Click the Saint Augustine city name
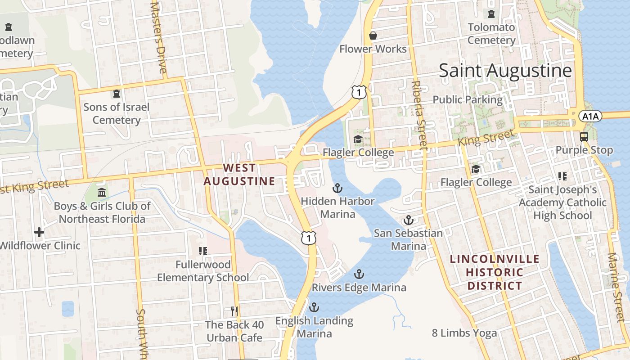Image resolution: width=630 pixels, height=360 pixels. pyautogui.click(x=505, y=71)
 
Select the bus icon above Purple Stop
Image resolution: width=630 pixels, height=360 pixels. pyautogui.click(x=584, y=137)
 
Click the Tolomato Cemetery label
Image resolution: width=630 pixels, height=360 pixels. pyautogui.click(x=491, y=34)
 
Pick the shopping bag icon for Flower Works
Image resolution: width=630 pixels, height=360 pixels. pyautogui.click(x=373, y=36)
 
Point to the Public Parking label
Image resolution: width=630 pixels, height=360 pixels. pyautogui.click(x=467, y=99)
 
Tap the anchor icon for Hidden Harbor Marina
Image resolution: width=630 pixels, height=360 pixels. pyautogui.click(x=337, y=188)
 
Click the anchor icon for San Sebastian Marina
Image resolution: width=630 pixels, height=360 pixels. pyautogui.click(x=408, y=220)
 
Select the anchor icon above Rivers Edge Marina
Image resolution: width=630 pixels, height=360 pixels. pyautogui.click(x=359, y=274)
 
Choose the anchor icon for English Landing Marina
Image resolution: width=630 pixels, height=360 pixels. pyautogui.click(x=314, y=307)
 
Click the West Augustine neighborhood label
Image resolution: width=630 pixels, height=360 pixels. pyautogui.click(x=239, y=175)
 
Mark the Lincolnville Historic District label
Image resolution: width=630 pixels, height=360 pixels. pyautogui.click(x=495, y=272)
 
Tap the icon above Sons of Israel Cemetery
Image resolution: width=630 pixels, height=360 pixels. pyautogui.click(x=117, y=94)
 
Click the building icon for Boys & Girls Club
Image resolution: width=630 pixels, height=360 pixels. pyautogui.click(x=102, y=193)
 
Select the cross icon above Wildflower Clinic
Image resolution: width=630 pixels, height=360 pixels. pyautogui.click(x=39, y=232)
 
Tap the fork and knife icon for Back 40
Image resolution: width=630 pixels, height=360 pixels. pyautogui.click(x=234, y=311)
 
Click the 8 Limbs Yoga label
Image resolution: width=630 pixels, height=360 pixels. pyautogui.click(x=464, y=333)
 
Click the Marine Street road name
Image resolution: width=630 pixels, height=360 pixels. pyautogui.click(x=615, y=281)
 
